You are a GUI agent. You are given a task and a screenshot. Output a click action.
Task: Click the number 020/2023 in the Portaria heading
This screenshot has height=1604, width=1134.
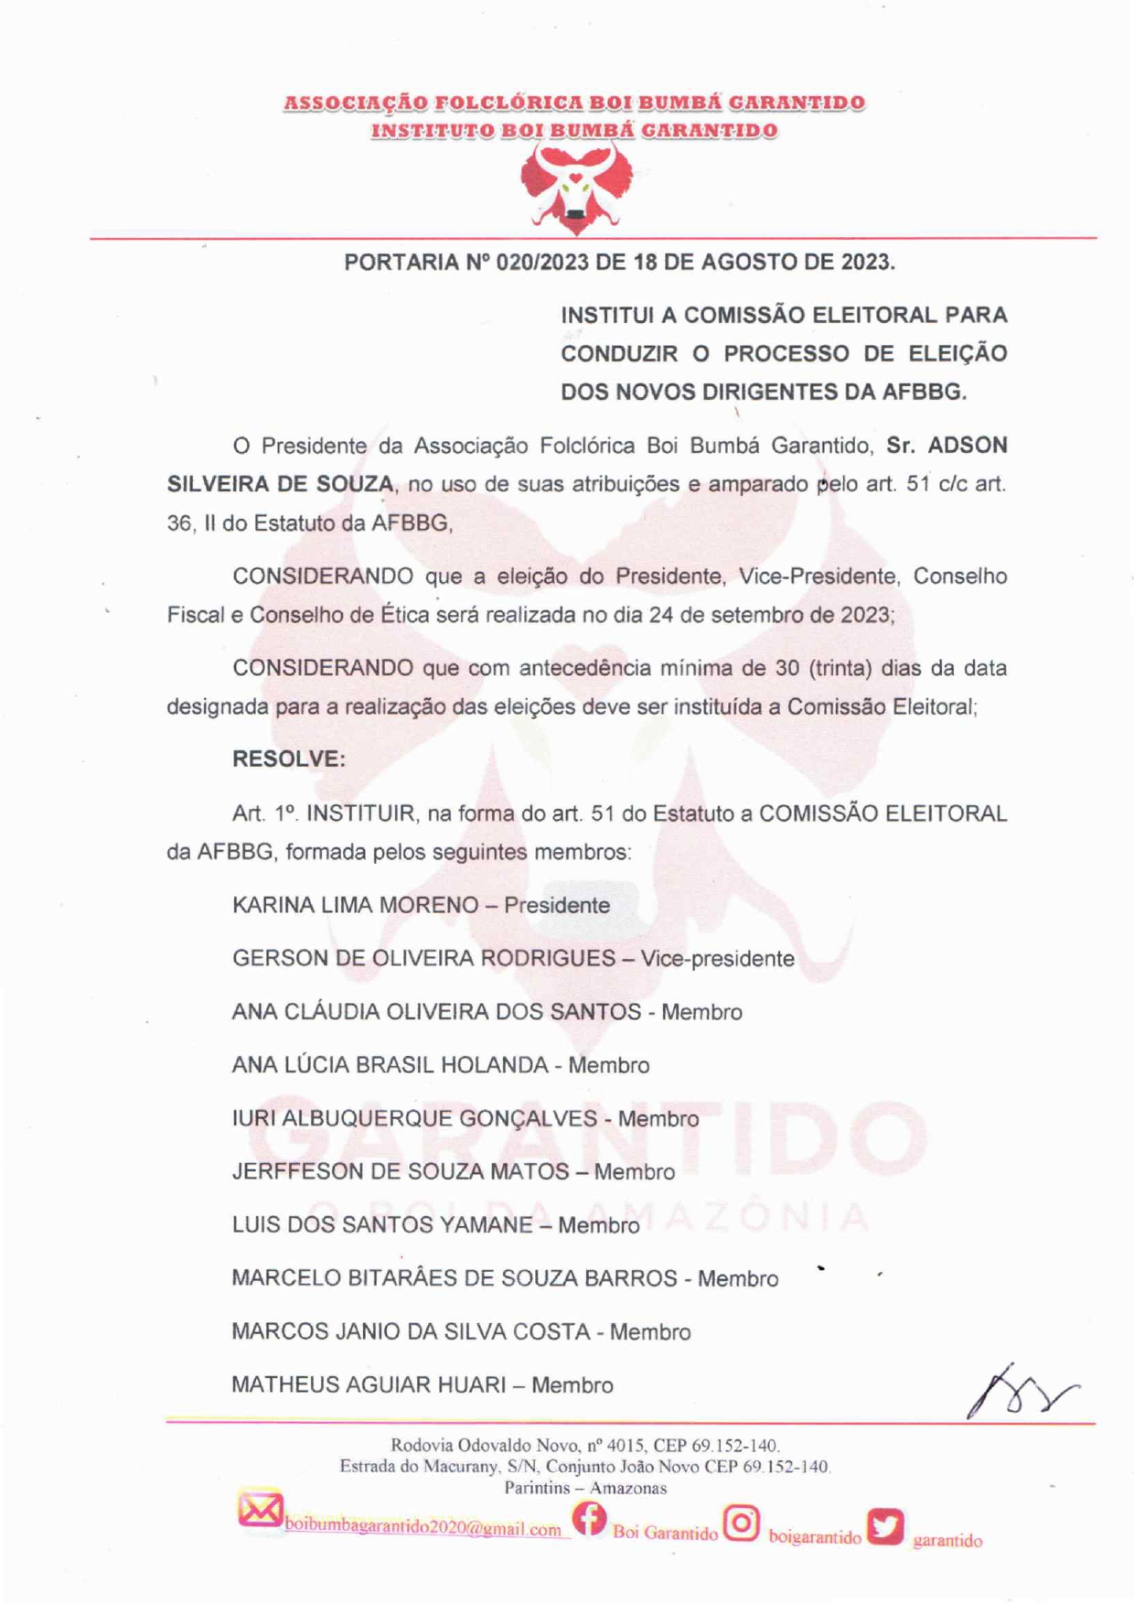[542, 263]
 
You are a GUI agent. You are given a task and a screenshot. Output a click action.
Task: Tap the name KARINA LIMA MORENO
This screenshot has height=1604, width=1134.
[356, 906]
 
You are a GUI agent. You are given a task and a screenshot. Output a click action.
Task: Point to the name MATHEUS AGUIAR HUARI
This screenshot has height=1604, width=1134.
[369, 1385]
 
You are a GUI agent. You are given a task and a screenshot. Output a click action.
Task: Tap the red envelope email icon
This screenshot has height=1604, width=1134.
[260, 1510]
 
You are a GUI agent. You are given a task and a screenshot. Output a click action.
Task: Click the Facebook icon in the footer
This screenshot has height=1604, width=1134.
[590, 1520]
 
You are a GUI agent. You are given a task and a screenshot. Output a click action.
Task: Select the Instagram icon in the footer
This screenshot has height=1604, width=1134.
[742, 1523]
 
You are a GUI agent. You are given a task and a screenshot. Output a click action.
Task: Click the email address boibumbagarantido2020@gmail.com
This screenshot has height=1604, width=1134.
[423, 1529]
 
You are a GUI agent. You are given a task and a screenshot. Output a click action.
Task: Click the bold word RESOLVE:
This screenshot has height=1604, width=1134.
[289, 759]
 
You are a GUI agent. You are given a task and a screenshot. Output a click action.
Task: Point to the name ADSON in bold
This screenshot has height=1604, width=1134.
[968, 446]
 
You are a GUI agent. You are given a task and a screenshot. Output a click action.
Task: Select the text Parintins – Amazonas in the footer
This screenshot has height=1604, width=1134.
[585, 1488]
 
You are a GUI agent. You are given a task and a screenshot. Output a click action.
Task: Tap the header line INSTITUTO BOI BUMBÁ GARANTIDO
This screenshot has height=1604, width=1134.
[574, 131]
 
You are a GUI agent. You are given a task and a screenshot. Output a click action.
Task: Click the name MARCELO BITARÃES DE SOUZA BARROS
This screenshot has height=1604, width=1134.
[455, 1278]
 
